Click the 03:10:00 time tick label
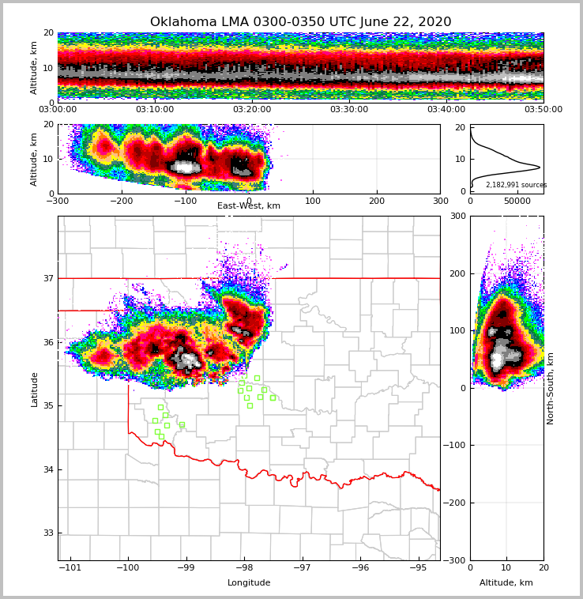coord(155,110)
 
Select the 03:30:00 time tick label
coord(349,110)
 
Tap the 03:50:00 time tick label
coord(544,110)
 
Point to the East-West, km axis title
coord(249,206)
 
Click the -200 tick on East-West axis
coord(121,201)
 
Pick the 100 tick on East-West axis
coord(313,201)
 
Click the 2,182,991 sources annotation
coord(516,185)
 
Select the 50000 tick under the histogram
coord(518,202)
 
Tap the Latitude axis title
coord(35,389)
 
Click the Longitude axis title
coord(249,583)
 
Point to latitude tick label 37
coord(47,278)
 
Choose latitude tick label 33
coord(47,533)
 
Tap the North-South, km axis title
coord(551,388)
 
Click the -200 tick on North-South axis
coord(457,503)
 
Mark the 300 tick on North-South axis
coord(456,217)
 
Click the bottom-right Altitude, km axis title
coord(506,583)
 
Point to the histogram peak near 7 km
coord(539,168)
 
